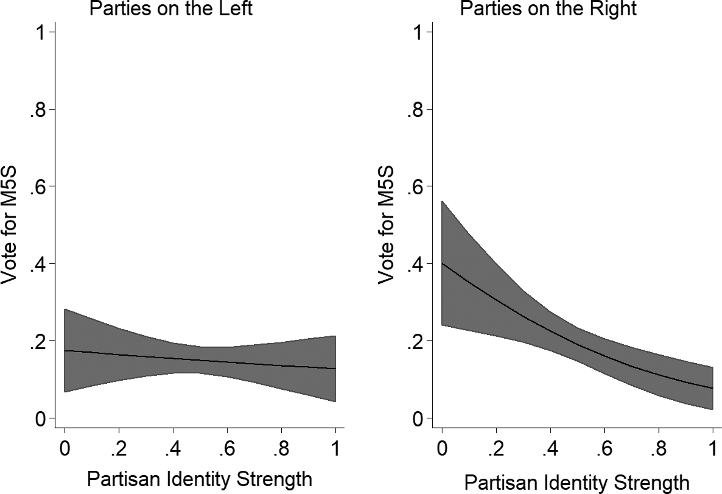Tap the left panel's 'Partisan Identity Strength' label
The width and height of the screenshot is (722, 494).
[x=200, y=479]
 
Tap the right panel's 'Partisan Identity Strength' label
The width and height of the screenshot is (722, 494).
[x=577, y=483]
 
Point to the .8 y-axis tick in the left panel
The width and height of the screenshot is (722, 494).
[x=38, y=109]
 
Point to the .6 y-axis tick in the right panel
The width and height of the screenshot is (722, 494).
[x=415, y=186]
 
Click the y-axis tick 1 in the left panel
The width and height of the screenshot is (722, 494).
[x=41, y=32]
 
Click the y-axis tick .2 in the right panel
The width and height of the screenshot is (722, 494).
[x=415, y=341]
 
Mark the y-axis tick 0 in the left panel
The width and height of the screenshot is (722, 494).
[x=41, y=418]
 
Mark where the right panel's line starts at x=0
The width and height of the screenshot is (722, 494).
[x=442, y=263]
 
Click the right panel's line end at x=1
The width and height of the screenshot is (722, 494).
[x=713, y=388]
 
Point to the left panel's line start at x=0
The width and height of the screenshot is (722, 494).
[x=65, y=350]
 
